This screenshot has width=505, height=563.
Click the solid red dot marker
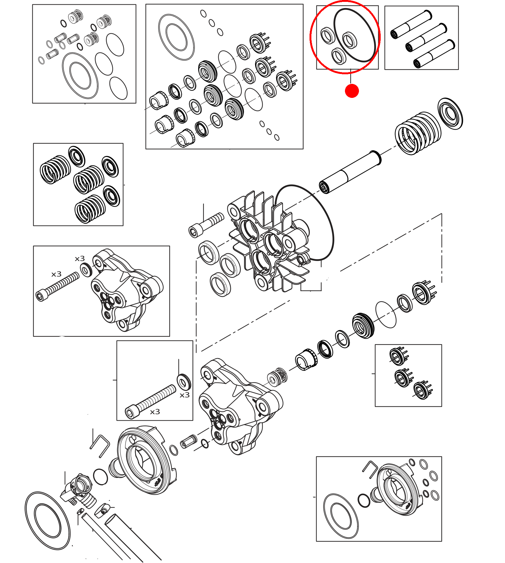pyautogui.click(x=352, y=91)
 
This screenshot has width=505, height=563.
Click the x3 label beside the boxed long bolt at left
pyautogui.click(x=56, y=274)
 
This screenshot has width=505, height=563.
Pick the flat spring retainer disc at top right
pyautogui.click(x=450, y=113)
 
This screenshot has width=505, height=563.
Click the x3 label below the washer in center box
pyautogui.click(x=184, y=395)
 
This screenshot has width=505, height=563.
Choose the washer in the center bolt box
pyautogui.click(x=183, y=382)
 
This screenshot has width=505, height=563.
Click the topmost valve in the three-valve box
pyautogui.click(x=398, y=356)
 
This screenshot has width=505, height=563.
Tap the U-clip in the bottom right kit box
pyautogui.click(x=370, y=469)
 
